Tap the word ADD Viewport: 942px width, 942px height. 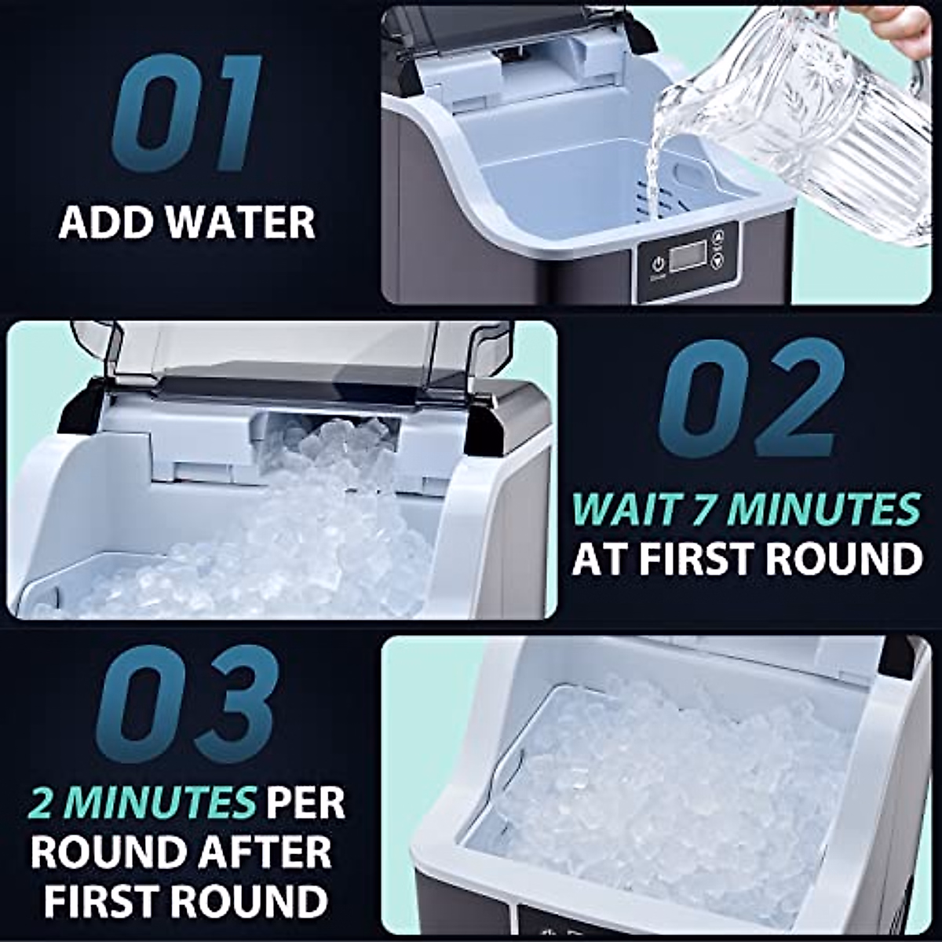pyautogui.click(x=107, y=222)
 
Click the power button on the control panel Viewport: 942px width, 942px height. pyautogui.click(x=658, y=263)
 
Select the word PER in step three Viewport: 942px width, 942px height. pyautogui.click(x=305, y=802)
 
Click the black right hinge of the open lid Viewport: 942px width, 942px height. pyautogui.click(x=487, y=424)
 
